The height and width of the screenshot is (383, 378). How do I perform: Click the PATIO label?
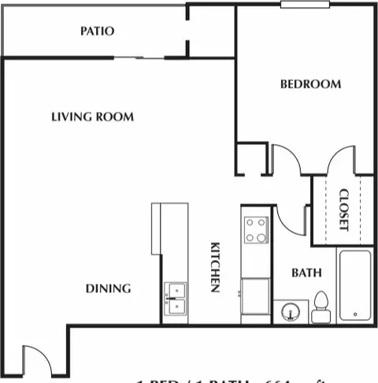click(97, 32)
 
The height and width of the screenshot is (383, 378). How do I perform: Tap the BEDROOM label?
click(310, 84)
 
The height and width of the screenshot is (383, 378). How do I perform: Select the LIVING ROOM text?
click(92, 117)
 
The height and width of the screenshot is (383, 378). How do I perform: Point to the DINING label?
click(108, 288)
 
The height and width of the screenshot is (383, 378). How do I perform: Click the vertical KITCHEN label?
click(214, 268)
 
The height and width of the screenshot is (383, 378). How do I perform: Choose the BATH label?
click(306, 273)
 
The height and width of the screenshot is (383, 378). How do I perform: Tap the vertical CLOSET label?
click(343, 209)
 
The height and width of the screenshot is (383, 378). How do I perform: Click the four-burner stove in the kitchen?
click(254, 231)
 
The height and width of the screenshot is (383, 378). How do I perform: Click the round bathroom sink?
click(291, 312)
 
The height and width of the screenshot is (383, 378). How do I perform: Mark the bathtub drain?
click(354, 313)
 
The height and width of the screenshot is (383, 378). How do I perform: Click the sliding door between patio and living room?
click(138, 58)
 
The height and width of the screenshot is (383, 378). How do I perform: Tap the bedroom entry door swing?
click(287, 160)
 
